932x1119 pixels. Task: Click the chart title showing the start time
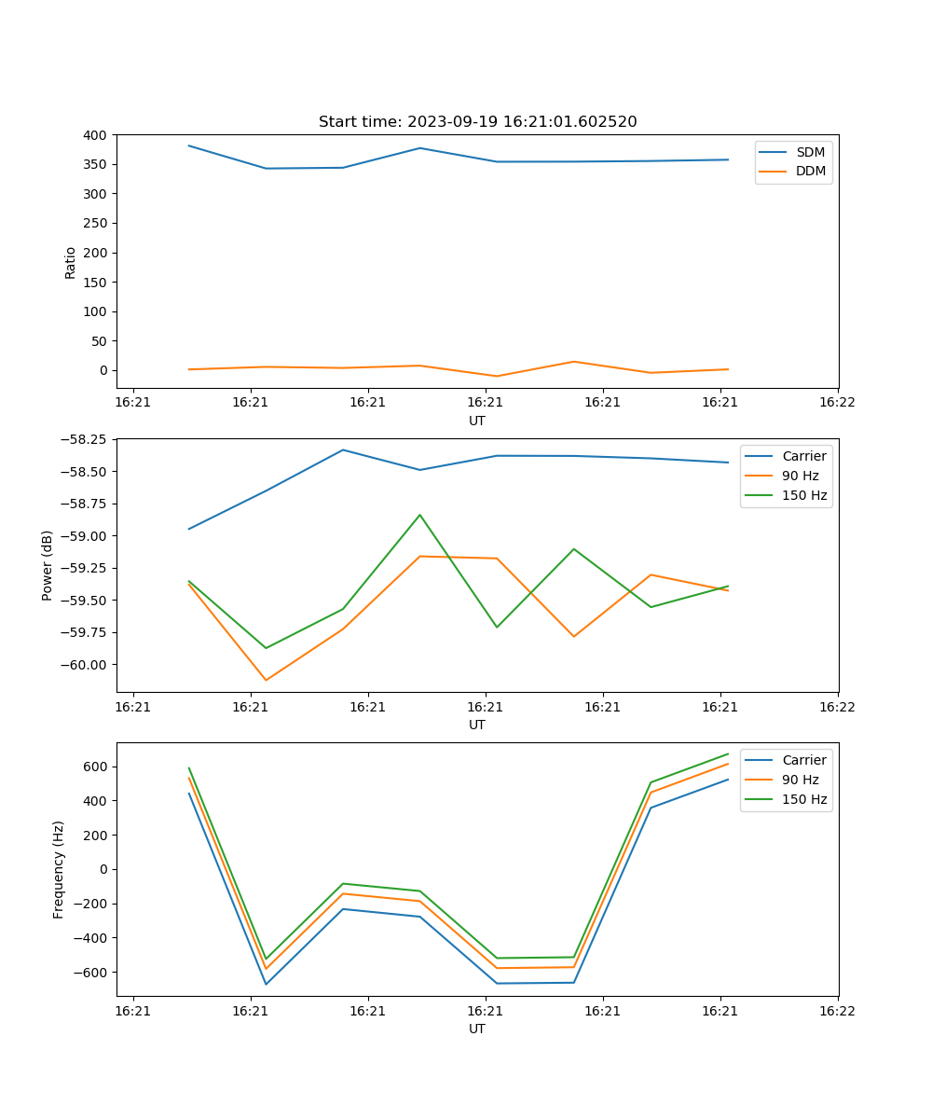point(477,122)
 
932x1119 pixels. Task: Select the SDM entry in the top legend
point(810,152)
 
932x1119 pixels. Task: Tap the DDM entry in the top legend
point(810,172)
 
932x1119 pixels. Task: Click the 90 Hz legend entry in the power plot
point(800,476)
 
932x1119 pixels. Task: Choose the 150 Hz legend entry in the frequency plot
point(804,799)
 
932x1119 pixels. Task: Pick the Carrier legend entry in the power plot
point(803,456)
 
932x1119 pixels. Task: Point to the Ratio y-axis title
point(71,262)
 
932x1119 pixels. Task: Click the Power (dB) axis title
point(48,565)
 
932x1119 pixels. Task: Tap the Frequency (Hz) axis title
point(59,869)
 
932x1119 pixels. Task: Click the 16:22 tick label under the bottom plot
point(836,1011)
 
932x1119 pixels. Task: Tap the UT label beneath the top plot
point(477,421)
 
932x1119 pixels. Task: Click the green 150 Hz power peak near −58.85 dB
point(420,515)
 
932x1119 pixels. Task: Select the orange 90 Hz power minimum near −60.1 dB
point(266,680)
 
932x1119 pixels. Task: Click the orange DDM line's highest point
point(573,362)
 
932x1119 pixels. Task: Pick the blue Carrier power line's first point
point(189,529)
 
